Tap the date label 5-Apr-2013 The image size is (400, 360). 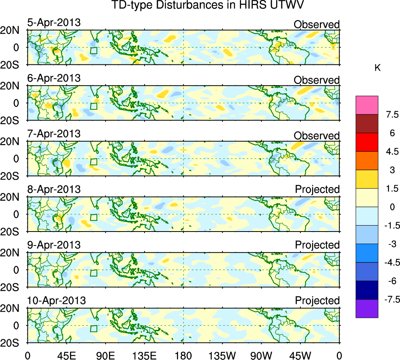point(54,23)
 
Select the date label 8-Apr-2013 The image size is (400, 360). point(54,189)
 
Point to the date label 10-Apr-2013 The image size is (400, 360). point(56,301)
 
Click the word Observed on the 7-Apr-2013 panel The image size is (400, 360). point(316,136)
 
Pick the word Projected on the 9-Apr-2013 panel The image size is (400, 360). point(317,245)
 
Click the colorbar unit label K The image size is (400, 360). point(377,68)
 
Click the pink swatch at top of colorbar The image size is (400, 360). point(367,105)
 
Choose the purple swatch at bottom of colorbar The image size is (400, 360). point(367,308)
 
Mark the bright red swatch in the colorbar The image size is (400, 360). point(367,142)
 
